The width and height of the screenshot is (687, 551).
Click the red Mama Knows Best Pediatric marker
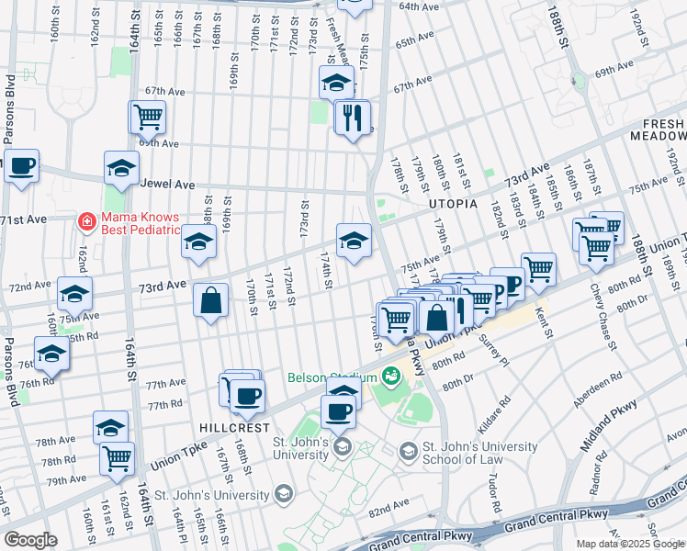(85, 221)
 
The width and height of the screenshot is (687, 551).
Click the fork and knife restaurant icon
(352, 118)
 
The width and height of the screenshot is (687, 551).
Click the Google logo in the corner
(30, 540)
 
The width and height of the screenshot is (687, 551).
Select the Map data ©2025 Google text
(629, 544)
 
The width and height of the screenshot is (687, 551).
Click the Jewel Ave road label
(165, 184)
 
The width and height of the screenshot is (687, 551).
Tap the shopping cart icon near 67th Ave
(148, 117)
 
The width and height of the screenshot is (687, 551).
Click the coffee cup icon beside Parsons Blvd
(21, 166)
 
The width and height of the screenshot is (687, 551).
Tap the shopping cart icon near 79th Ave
(117, 458)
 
